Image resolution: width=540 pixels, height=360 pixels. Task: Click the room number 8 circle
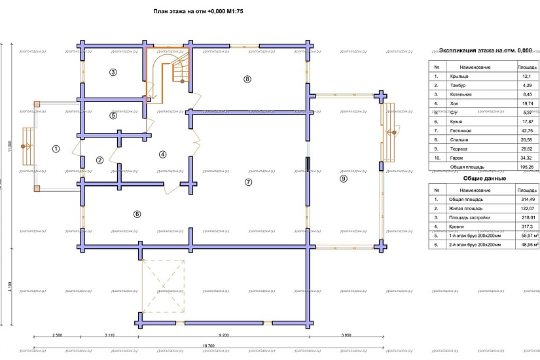tap(247, 79)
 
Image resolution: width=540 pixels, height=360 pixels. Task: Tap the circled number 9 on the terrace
tap(343, 178)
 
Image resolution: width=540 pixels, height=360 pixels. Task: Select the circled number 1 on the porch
tap(56, 149)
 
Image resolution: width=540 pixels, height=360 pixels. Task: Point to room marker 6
tap(137, 213)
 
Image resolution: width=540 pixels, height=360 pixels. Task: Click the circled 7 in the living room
tap(247, 181)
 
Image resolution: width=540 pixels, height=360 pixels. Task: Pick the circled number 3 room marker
tap(113, 72)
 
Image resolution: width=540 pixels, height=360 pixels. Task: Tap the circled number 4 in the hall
tap(163, 154)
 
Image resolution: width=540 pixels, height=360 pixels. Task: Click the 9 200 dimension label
tap(224, 335)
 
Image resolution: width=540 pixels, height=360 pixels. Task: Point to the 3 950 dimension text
tap(347, 335)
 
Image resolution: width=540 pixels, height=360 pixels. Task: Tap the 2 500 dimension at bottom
tap(57, 335)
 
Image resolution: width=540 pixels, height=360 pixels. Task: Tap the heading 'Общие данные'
tap(483, 178)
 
